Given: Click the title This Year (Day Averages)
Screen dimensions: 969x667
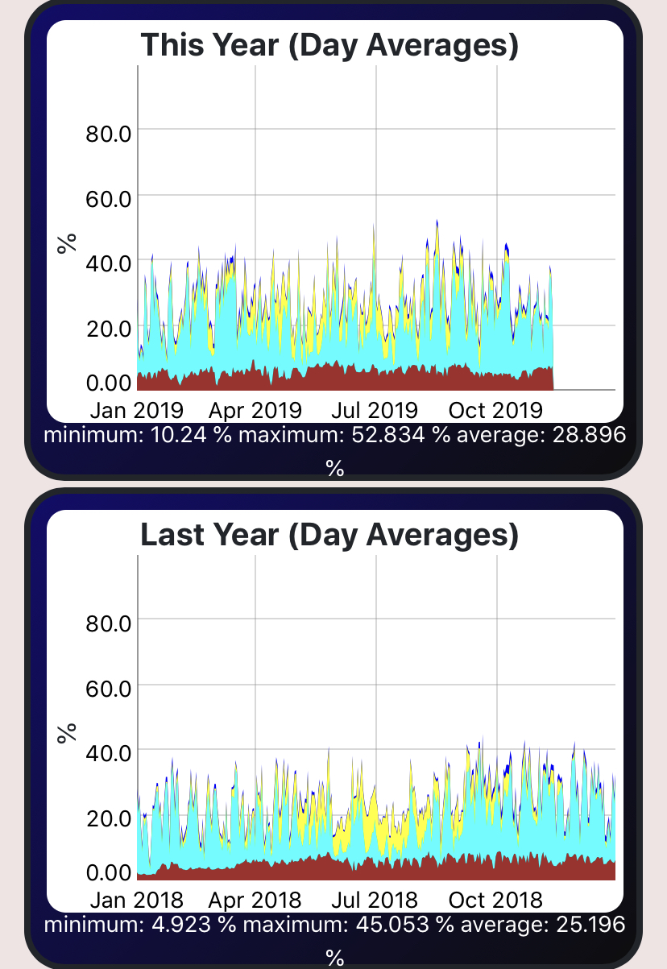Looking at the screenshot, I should coord(329,45).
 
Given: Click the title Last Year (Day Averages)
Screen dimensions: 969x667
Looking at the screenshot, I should coord(329,535).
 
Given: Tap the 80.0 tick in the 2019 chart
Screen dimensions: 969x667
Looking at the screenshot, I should coord(108,132).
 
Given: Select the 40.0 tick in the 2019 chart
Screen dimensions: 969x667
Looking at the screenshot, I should coord(108,263).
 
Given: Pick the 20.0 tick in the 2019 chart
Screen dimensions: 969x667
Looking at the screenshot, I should coord(108,328).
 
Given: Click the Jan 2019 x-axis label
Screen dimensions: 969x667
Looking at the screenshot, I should coord(136,410).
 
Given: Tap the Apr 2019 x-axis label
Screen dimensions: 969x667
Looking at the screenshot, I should coord(255,410).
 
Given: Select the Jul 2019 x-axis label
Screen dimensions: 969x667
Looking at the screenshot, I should coord(375,410).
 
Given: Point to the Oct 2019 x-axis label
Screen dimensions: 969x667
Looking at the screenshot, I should coord(495,410).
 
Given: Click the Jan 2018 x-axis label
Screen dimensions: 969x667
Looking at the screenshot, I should coord(136,899).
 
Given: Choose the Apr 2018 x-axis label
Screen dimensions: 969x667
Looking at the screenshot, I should coord(255,899).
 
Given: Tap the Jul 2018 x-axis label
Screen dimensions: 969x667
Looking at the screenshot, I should coord(375,899).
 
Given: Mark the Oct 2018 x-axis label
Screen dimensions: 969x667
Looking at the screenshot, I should coord(495,899).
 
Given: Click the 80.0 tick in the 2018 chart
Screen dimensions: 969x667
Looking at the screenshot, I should coord(108,623).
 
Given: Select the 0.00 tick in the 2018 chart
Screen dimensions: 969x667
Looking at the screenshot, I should coord(108,872).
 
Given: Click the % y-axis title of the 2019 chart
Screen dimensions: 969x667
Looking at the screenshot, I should coord(68,242).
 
